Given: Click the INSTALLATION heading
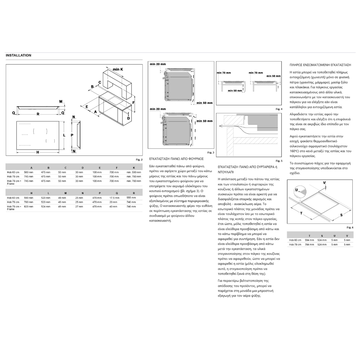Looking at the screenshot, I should pyautogui.click(x=18, y=55).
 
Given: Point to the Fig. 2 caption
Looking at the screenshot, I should pyautogui.click(x=139, y=159).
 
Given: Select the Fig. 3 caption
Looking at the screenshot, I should pyautogui.click(x=211, y=153).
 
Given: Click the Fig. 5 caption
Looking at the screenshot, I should pyautogui.click(x=279, y=160).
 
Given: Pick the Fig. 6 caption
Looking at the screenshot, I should pyautogui.click(x=350, y=228).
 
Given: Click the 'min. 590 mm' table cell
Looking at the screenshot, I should pyautogui.click(x=134, y=172).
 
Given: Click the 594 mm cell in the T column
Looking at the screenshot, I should pyautogui.click(x=309, y=240).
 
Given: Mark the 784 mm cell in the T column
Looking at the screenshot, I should pyautogui.click(x=309, y=244).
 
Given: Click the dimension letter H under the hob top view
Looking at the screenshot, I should pyautogui.click(x=37, y=152).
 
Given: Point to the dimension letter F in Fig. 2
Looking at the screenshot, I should pyautogui.click(x=134, y=102).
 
